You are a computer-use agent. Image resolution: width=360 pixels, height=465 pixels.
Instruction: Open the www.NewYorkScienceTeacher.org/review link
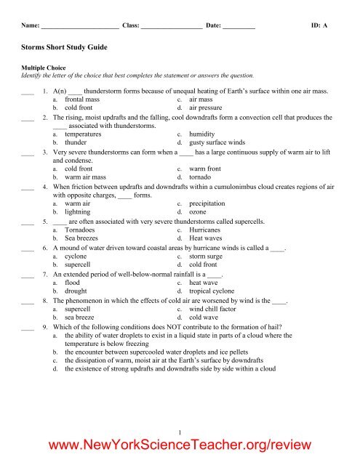pyautogui.click(x=180, y=445)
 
